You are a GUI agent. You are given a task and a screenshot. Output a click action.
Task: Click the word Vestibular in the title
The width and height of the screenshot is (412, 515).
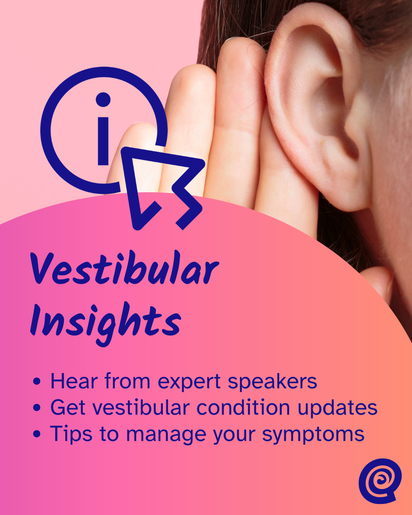124,269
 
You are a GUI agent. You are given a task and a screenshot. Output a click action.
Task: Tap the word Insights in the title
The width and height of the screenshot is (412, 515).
105,322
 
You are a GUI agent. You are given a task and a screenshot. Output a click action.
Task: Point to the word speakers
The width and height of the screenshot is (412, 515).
272,382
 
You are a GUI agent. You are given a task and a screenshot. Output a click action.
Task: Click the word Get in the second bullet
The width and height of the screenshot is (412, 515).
68,407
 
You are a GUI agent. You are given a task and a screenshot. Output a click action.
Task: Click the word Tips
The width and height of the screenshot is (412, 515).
71,434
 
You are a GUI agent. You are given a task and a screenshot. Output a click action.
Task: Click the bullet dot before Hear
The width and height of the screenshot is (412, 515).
37,381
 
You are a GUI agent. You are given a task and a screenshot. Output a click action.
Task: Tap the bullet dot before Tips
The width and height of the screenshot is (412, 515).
37,434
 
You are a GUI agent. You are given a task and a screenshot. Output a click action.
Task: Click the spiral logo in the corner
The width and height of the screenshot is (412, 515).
380,481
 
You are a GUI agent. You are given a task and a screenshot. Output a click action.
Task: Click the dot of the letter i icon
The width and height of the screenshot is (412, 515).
103,100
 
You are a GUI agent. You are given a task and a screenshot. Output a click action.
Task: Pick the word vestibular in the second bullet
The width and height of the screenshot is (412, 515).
141,407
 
